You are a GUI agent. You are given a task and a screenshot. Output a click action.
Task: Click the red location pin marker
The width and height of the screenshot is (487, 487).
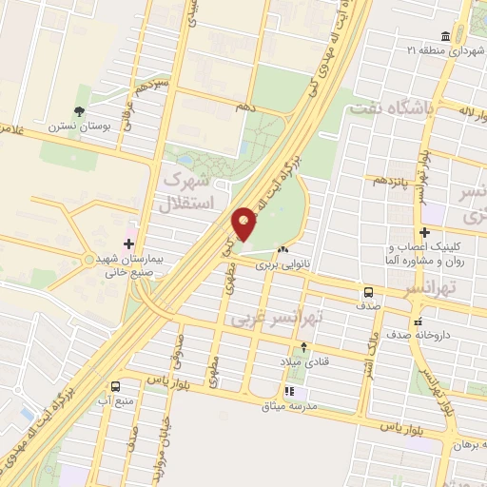tap(243, 224)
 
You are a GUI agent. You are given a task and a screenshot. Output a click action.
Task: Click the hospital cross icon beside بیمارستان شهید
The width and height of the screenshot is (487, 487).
tap(129, 231)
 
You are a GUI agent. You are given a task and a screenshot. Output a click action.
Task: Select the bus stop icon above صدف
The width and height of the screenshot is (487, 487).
tap(368, 291)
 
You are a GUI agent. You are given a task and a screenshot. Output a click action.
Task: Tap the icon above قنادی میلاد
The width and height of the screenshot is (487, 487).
tap(303, 347)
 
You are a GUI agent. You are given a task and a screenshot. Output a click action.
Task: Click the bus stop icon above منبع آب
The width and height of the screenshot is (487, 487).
tap(115, 386)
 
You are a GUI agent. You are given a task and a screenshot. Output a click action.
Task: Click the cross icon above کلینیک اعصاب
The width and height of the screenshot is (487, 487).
tap(424, 231)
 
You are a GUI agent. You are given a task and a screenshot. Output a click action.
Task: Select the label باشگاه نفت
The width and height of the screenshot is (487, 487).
tap(392, 109)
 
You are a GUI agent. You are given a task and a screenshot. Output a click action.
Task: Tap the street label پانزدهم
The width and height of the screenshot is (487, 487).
tap(393, 180)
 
